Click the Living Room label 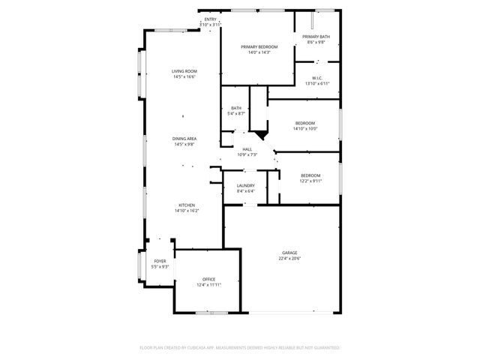click(184, 71)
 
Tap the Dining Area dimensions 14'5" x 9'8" click(184, 144)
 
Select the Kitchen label click(187, 205)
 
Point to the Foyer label click(160, 261)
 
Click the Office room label click(208, 279)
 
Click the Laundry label click(246, 185)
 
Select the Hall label click(247, 149)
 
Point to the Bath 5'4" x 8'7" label click(236, 108)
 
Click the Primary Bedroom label click(255, 46)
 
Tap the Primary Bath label click(316, 37)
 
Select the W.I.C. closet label click(318, 77)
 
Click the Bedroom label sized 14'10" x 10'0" click(304, 123)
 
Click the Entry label click(210, 19)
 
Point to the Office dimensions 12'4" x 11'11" click(208, 285)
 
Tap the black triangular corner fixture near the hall click(260, 134)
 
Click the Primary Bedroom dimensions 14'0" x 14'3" click(255, 52)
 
